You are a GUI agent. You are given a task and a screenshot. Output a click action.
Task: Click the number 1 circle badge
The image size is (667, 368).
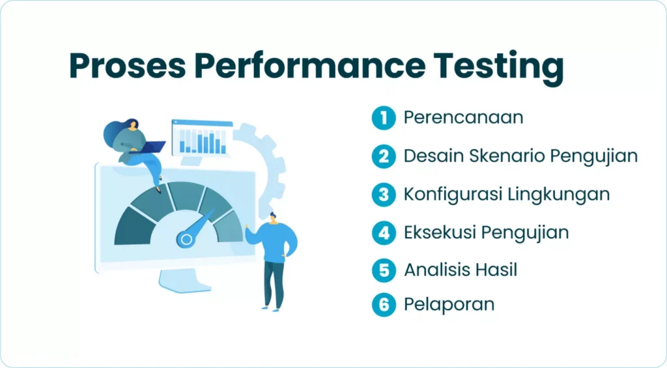click(384, 118)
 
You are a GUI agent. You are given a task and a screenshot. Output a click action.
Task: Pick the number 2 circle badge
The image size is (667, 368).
click(384, 156)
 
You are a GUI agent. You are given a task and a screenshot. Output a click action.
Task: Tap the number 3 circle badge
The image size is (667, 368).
click(384, 194)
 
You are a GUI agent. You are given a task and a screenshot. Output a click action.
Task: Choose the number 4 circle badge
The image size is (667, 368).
click(384, 233)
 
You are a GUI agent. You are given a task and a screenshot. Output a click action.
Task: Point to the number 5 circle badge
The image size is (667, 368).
click(384, 270)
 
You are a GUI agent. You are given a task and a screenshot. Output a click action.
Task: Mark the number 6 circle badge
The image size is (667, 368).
click(384, 304)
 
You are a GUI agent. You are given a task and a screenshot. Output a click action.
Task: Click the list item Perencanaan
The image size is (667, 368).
click(463, 118)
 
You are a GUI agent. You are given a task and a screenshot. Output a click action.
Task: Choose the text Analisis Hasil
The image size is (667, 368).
click(460, 270)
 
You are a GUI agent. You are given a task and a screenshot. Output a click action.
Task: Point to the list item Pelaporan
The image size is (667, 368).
click(449, 304)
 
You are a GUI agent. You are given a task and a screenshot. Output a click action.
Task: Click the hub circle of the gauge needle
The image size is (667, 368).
click(186, 239)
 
